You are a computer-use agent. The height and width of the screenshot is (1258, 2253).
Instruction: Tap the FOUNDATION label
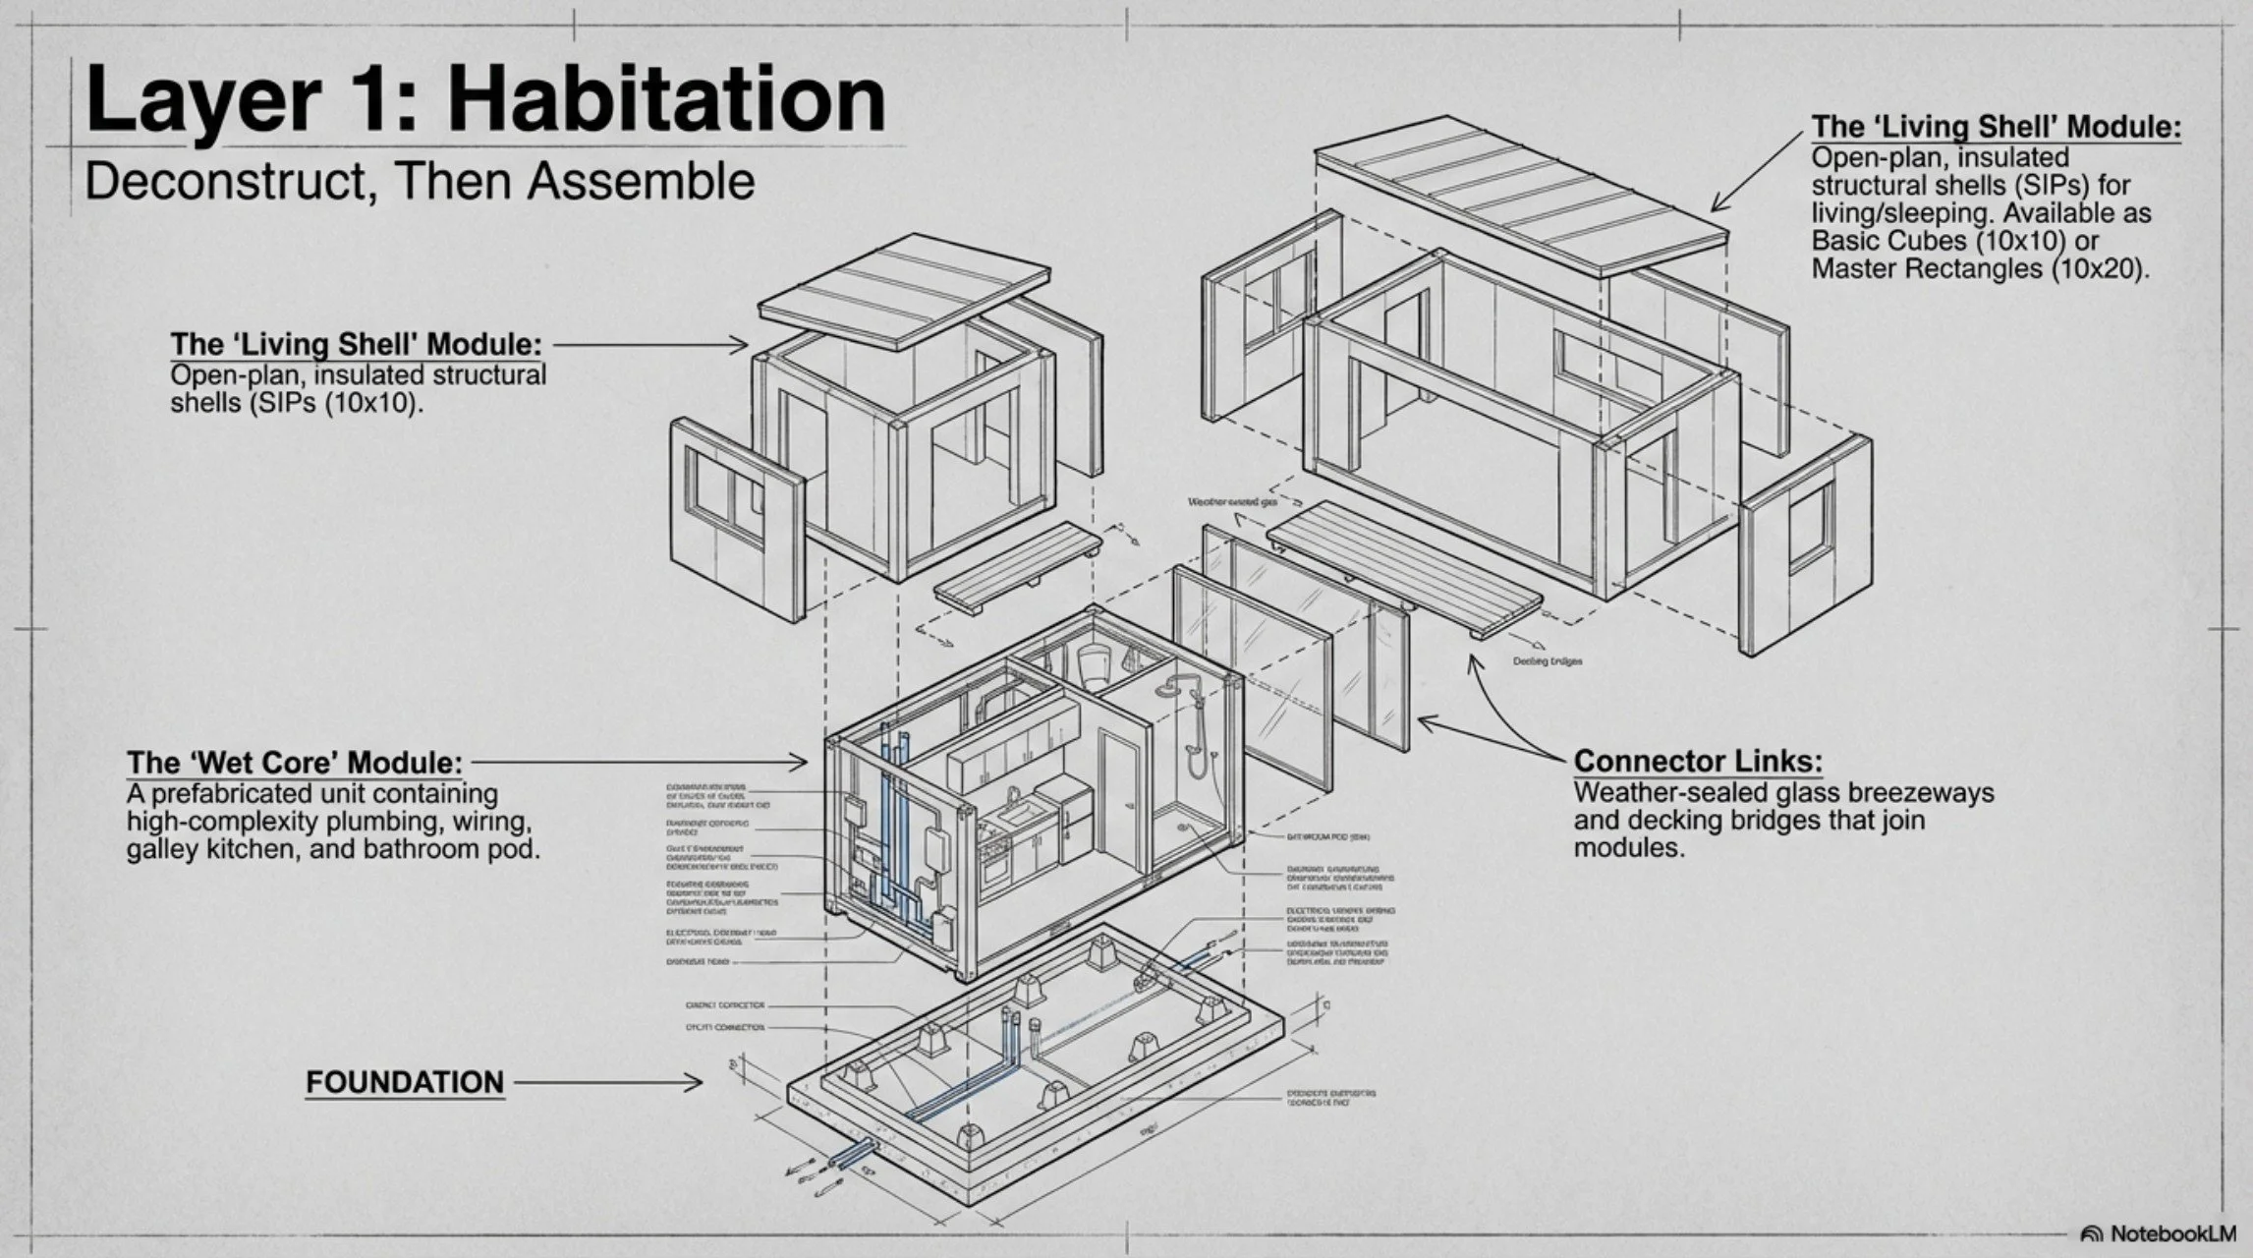point(404,1082)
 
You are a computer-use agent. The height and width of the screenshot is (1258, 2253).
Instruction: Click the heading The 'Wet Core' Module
point(294,763)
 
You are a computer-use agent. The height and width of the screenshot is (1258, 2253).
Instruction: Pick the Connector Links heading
point(1698,761)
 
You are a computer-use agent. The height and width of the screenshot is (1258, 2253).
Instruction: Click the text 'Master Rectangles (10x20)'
point(1979,268)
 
